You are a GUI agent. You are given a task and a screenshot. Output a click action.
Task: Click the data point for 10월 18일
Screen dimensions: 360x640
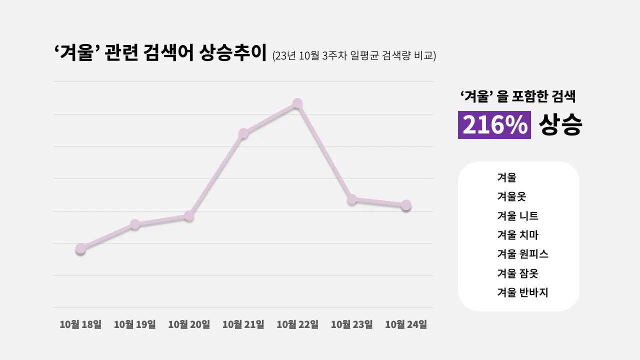click(x=80, y=248)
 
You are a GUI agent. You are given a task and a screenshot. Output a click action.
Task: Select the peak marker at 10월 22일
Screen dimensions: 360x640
click(x=297, y=103)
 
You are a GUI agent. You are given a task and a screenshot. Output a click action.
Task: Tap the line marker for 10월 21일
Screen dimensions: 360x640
click(x=243, y=133)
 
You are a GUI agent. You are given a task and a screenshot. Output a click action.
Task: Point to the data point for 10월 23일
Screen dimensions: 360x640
click(x=352, y=199)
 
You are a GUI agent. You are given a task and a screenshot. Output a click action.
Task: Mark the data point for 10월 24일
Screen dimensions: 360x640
click(x=406, y=205)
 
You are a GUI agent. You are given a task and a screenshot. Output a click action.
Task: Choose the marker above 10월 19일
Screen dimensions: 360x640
click(x=135, y=224)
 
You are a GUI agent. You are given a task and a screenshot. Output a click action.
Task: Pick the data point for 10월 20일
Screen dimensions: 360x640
click(x=189, y=216)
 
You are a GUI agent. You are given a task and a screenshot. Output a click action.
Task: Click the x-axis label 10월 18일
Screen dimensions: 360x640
click(x=80, y=324)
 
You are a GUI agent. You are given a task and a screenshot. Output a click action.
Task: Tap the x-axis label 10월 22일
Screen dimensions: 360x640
click(x=297, y=324)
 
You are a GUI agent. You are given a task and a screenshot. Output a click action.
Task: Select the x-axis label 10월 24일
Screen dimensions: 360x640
click(x=406, y=324)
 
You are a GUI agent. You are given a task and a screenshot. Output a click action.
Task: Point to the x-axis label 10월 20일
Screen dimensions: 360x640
click(x=189, y=324)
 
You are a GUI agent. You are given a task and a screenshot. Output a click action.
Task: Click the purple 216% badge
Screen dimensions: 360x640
click(x=494, y=125)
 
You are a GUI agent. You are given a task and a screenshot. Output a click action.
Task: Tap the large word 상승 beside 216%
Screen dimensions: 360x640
click(x=560, y=125)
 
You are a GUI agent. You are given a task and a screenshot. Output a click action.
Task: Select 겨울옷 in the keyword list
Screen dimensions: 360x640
click(x=511, y=196)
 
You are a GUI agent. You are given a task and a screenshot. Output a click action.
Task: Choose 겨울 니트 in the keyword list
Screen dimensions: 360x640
click(x=517, y=216)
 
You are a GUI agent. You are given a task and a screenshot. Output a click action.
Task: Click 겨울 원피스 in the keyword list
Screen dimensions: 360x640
click(x=522, y=254)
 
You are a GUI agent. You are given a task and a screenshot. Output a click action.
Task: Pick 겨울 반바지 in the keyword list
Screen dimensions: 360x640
click(x=522, y=292)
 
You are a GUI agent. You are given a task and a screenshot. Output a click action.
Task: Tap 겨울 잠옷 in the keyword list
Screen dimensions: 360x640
click(x=517, y=273)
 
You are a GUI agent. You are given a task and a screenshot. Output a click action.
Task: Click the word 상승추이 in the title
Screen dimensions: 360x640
click(x=232, y=52)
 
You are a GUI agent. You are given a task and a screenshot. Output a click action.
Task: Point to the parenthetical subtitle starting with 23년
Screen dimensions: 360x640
click(x=354, y=55)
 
